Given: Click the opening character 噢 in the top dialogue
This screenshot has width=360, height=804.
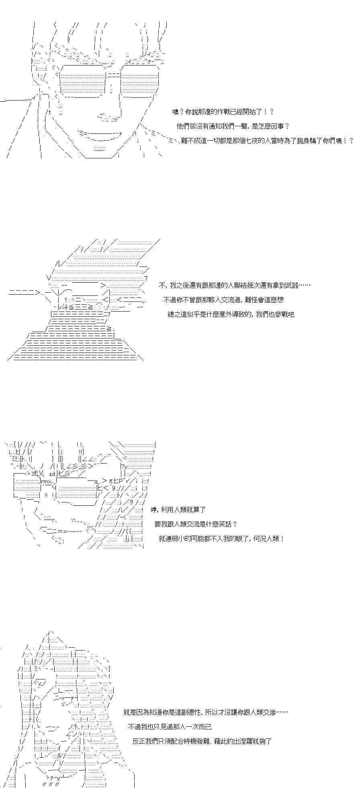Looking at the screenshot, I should pyautogui.click(x=175, y=112).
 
